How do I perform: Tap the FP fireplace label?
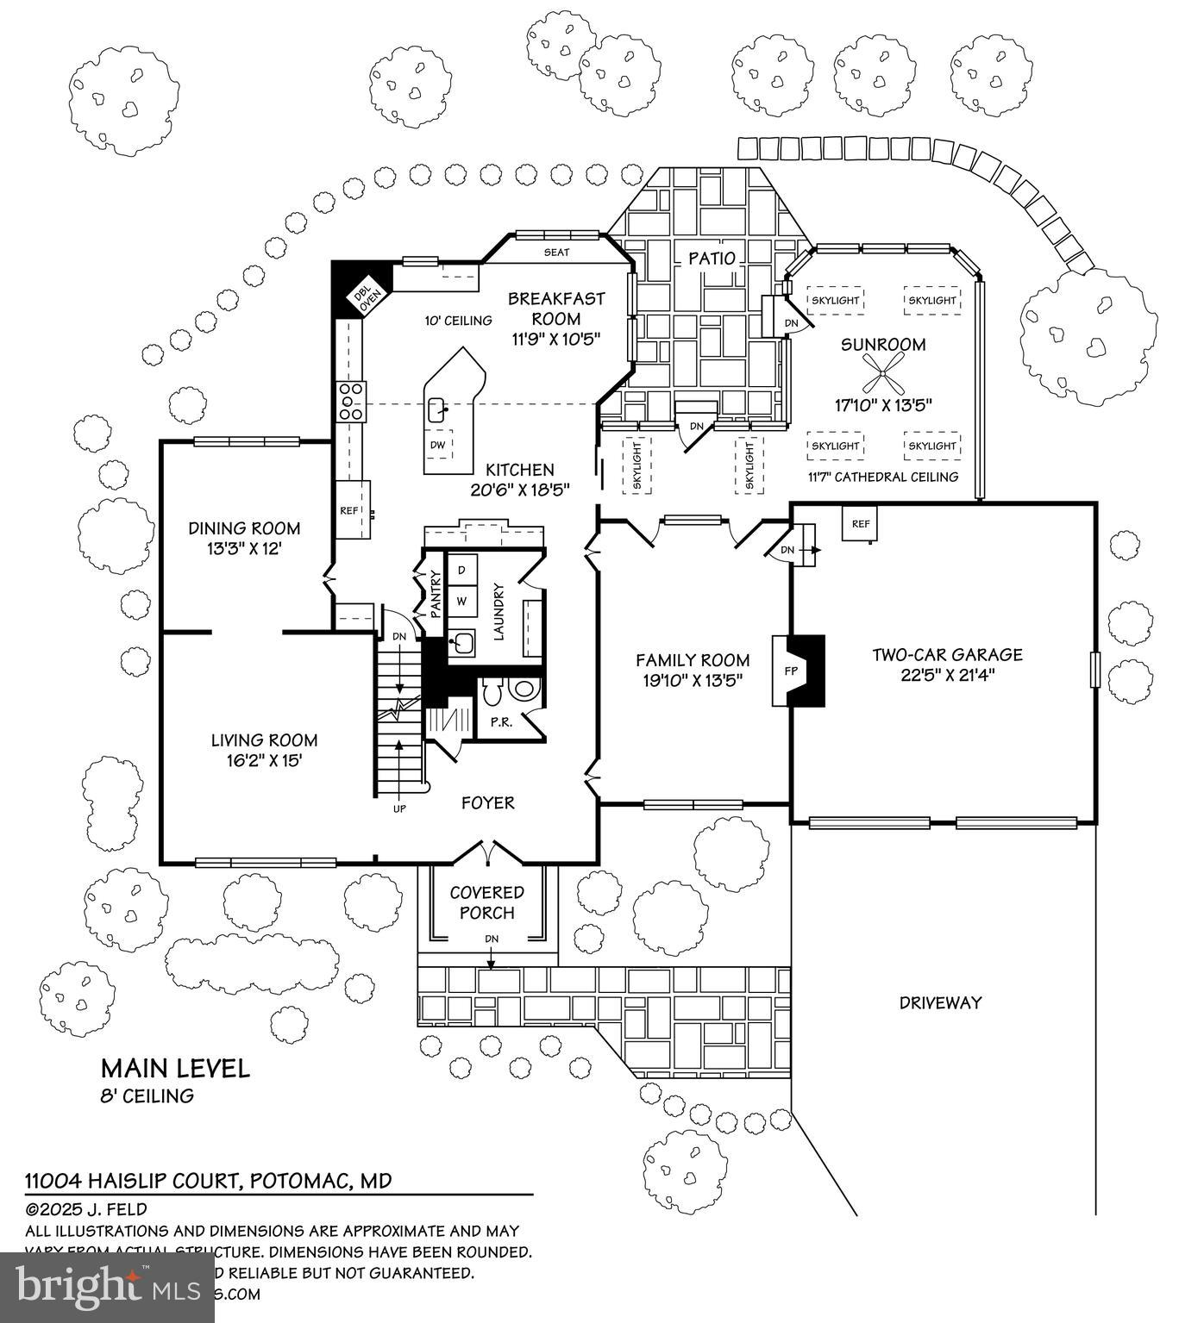pos(790,671)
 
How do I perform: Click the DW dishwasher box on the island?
pos(437,445)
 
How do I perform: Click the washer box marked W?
pos(461,600)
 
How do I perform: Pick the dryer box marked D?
pos(461,571)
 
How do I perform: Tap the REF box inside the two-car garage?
pos(860,523)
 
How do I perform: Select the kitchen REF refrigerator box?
pos(348,510)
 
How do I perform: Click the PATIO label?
pos(712,258)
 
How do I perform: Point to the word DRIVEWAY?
pos(940,1002)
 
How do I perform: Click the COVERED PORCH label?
pos(487,902)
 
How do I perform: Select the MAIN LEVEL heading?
pos(175,1069)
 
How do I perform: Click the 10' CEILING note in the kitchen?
pos(458,321)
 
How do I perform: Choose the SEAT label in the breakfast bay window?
pos(556,253)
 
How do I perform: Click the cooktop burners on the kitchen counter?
pos(352,401)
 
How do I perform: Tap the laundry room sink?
pos(462,642)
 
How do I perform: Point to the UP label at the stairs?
pos(399,808)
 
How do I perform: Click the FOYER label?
pos(487,802)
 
